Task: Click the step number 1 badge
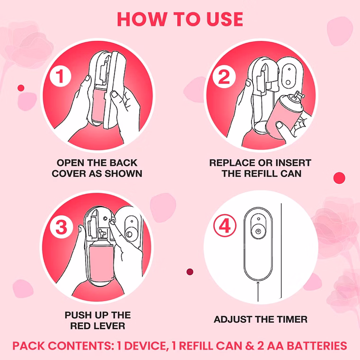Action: (60, 76)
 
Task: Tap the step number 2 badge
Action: (224, 77)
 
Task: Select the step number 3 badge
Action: (61, 227)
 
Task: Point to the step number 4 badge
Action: (225, 226)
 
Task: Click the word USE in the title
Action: (225, 19)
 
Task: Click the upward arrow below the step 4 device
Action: (258, 291)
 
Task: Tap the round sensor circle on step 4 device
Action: (258, 231)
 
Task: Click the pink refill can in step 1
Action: (98, 103)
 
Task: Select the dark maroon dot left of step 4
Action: (190, 272)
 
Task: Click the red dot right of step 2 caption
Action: (339, 178)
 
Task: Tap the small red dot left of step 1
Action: (21, 88)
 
